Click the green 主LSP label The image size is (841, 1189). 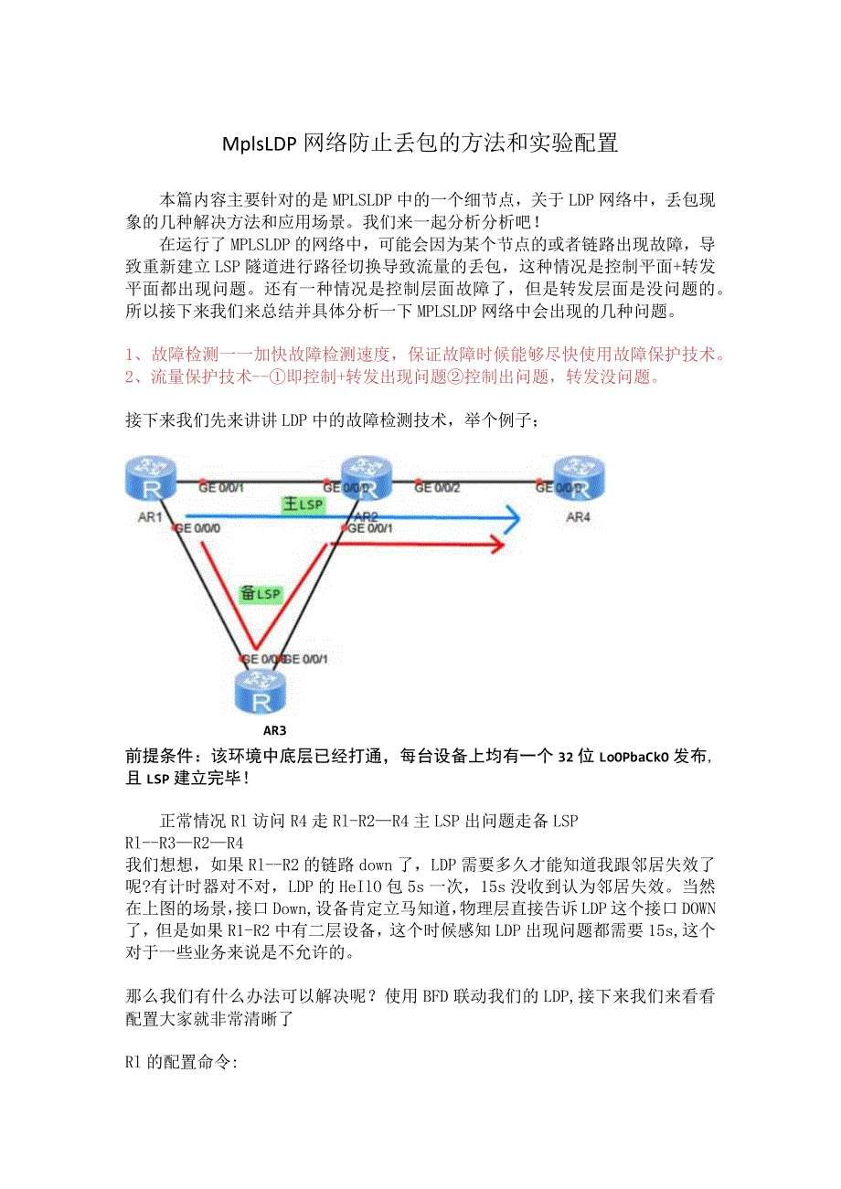tap(303, 505)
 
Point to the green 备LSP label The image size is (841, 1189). tap(261, 593)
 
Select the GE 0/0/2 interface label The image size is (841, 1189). tap(437, 488)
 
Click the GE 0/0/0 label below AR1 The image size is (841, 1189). tap(196, 528)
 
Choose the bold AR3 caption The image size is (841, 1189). tap(274, 730)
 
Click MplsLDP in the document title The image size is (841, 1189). tap(259, 143)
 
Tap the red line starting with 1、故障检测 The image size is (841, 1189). tap(426, 355)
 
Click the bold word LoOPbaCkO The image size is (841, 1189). tap(634, 757)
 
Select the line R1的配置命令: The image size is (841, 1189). tap(181, 1064)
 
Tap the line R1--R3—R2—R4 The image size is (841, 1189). tap(184, 842)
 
